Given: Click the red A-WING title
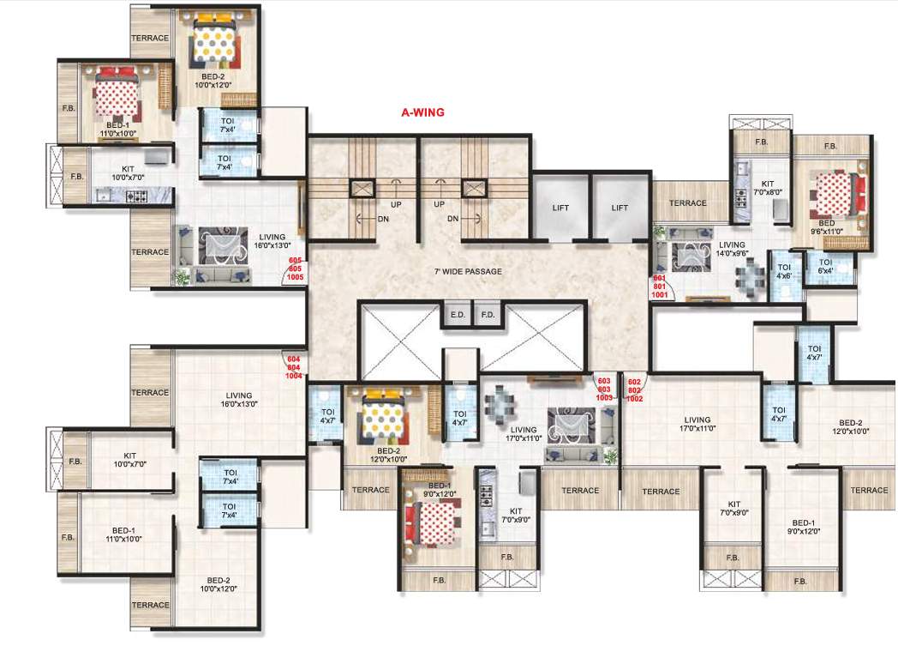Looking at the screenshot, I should tap(422, 112).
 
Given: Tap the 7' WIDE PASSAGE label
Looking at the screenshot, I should tap(468, 272).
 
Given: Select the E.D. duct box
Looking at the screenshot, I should tap(456, 315).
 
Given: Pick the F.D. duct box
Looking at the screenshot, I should tap(488, 315).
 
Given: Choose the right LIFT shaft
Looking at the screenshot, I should tap(620, 208).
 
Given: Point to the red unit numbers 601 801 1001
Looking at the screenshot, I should tap(660, 287).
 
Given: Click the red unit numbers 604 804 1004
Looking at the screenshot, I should tap(294, 366).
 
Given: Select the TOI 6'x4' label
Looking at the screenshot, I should tap(825, 267).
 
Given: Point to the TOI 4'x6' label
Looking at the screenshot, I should tap(783, 271).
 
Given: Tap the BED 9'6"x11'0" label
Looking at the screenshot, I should tap(827, 226).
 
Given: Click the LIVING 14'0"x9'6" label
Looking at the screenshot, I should tap(732, 250).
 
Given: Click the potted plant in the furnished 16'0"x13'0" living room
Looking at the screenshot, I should tap(182, 276).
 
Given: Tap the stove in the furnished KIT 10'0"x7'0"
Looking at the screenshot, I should tap(137, 196).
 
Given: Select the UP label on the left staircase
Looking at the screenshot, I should tap(396, 204).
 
